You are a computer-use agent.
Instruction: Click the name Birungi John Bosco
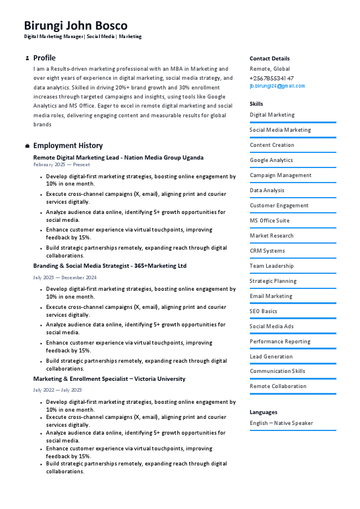76,25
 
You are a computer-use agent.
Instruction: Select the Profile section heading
44,58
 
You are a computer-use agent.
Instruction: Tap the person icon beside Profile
27,59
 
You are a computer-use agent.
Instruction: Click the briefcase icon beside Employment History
27,146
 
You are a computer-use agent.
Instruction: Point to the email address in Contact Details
277,86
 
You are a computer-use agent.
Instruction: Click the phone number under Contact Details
272,78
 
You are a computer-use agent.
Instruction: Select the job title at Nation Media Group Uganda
118,157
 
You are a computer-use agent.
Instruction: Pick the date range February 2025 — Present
61,164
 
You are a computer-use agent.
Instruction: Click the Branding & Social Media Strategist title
110,265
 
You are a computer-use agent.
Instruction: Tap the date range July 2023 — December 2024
65,277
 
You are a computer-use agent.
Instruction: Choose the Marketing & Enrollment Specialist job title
109,378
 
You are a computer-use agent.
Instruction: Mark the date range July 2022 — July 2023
57,390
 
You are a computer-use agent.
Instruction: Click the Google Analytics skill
271,160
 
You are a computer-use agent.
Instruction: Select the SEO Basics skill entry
263,311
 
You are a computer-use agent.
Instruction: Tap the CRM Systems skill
267,251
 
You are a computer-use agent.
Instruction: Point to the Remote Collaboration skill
278,386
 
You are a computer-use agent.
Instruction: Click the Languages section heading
263,412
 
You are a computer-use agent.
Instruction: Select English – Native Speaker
281,423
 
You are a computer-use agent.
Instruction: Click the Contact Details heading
269,59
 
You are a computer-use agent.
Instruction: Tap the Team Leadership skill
272,266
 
